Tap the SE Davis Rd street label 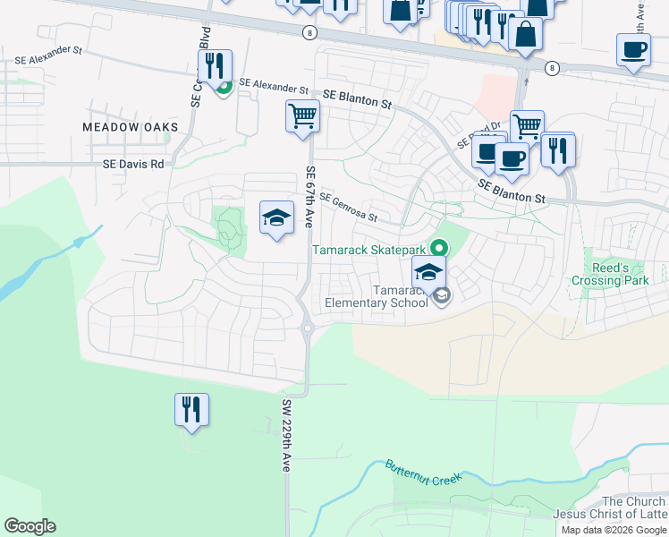click(x=134, y=165)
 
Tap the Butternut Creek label click(x=424, y=473)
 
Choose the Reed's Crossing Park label click(x=608, y=274)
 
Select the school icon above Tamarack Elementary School click(x=428, y=273)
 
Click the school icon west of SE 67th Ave click(x=276, y=217)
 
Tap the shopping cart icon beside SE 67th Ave click(x=302, y=115)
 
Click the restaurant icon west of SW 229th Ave click(x=191, y=409)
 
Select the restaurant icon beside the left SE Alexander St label click(x=215, y=66)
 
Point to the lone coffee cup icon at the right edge click(x=633, y=50)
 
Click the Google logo click(x=30, y=525)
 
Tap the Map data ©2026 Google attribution click(x=614, y=530)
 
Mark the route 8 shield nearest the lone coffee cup click(x=552, y=68)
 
